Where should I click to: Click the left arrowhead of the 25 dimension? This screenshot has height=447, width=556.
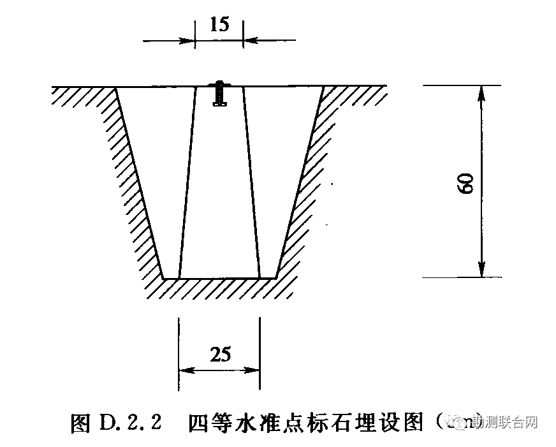pyautogui.click(x=186, y=370)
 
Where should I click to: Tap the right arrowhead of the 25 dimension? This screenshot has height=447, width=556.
pyautogui.click(x=253, y=370)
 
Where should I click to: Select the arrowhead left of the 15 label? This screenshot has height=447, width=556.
pyautogui.click(x=187, y=40)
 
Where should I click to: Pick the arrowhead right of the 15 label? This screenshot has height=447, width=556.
pyautogui.click(x=251, y=40)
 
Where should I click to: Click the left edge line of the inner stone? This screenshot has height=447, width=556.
pyautogui.click(x=187, y=182)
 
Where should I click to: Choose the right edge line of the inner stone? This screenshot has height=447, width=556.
pyautogui.click(x=251, y=182)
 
